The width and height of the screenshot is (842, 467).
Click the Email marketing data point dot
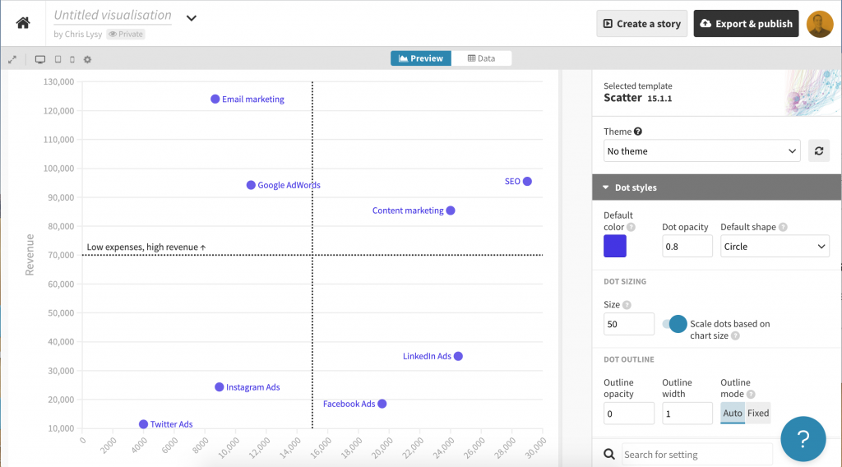(x=215, y=99)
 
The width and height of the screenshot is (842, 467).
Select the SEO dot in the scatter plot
(x=527, y=182)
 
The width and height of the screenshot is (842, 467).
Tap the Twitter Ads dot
(x=143, y=424)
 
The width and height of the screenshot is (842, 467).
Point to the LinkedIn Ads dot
(x=458, y=356)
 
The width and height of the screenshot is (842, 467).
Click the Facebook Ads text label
(x=349, y=404)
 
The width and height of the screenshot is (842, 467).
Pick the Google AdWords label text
(x=289, y=185)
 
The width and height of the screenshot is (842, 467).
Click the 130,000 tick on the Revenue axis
(x=58, y=81)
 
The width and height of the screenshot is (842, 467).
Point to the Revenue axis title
(x=30, y=255)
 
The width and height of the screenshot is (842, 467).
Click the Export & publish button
(x=746, y=24)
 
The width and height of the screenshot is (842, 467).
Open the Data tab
(x=481, y=58)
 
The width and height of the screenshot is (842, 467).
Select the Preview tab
(x=421, y=58)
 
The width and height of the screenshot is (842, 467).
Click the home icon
(x=23, y=22)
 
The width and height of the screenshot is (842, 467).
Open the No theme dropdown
(x=702, y=150)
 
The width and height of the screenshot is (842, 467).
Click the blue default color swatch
(x=615, y=246)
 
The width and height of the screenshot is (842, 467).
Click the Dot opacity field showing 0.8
(x=687, y=247)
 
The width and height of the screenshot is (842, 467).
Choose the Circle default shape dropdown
(x=775, y=247)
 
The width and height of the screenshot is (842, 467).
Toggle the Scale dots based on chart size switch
(x=675, y=324)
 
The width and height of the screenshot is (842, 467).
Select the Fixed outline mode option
(x=758, y=413)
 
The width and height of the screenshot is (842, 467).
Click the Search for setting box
(x=696, y=455)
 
